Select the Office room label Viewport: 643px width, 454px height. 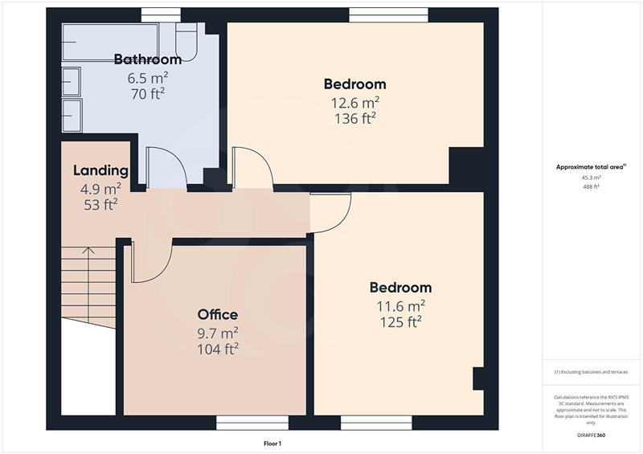(218, 314)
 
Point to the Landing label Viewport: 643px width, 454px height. (100, 170)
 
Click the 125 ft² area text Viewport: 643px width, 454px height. (400, 321)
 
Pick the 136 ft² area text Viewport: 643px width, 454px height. (354, 117)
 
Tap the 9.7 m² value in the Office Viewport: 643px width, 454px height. (218, 332)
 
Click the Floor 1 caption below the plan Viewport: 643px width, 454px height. (272, 444)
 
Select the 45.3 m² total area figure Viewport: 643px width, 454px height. (591, 178)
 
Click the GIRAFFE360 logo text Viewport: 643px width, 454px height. (591, 435)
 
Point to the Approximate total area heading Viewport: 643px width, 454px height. (591, 166)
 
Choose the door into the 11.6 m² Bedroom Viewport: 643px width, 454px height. (331, 212)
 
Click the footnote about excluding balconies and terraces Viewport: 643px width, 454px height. (591, 373)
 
